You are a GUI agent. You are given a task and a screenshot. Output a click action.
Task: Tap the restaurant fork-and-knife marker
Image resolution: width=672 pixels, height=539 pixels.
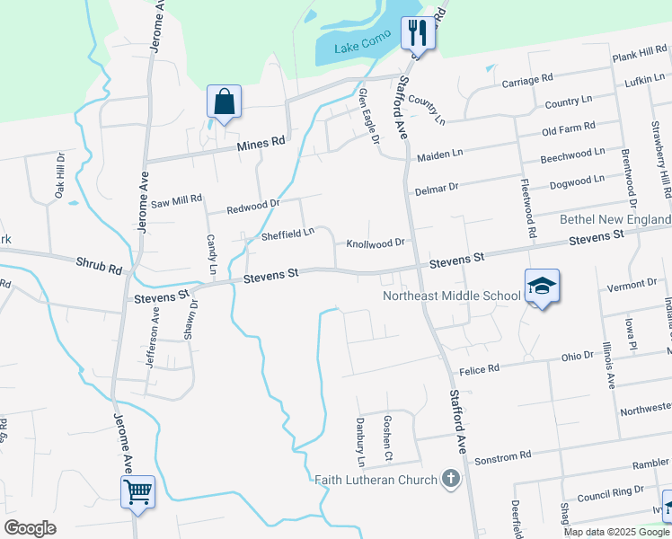pos(417,34)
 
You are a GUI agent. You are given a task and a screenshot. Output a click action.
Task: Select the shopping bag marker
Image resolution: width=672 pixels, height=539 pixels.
pos(224,102)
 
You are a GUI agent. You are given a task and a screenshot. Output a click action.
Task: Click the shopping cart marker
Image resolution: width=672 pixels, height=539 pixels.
pos(138,491)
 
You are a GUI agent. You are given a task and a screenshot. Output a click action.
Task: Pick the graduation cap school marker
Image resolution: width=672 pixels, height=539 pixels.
pos(542,287)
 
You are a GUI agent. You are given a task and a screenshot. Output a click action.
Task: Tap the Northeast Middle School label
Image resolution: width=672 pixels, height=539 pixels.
pos(451,295)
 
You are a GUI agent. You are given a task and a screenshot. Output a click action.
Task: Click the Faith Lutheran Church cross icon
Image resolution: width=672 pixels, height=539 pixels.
pos(451,479)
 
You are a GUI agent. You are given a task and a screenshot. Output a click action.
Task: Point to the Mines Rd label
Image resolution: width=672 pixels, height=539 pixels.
pos(261,143)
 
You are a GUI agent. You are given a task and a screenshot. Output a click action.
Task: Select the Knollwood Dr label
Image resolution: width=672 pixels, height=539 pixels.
pos(376,243)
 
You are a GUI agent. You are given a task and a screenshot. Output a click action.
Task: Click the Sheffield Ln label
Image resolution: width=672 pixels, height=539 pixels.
pos(287,234)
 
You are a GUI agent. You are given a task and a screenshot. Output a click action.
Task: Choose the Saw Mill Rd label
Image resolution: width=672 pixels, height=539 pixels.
pos(176,203)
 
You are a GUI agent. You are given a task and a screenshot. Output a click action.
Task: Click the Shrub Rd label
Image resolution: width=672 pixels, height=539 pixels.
pos(98,267)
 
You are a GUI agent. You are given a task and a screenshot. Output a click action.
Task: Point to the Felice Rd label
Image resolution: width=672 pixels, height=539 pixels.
pos(478,370)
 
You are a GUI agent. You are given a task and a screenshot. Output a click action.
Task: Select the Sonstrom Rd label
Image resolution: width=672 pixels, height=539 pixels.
pos(502,456)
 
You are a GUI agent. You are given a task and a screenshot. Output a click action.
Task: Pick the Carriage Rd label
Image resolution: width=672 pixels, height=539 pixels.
pos(527,81)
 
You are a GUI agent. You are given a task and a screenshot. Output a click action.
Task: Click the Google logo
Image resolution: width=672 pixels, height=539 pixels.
pos(31,528)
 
